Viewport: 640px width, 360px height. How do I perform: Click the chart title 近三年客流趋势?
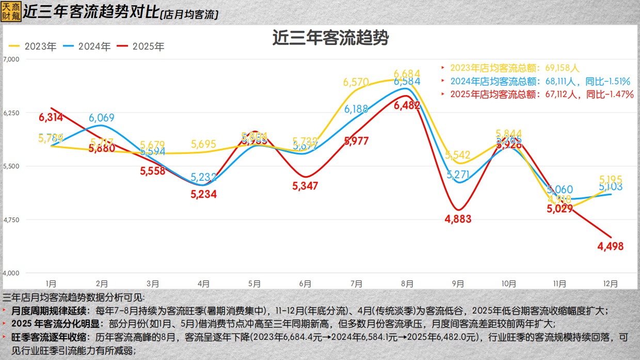click(330, 39)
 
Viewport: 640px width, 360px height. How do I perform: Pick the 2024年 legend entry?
click(88, 46)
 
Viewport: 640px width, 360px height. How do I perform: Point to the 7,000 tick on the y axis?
click(11, 59)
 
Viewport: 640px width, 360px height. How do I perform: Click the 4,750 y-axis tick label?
click(11, 220)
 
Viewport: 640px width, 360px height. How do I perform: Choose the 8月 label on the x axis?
click(407, 284)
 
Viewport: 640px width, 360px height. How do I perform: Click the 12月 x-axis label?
click(611, 284)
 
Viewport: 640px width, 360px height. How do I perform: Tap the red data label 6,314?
click(51, 117)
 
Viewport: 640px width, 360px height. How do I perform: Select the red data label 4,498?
click(611, 247)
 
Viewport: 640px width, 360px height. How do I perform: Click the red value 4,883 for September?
click(458, 219)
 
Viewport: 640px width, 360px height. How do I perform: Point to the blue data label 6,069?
click(102, 118)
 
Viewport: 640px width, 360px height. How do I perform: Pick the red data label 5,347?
click(305, 186)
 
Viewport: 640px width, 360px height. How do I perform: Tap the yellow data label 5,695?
click(204, 145)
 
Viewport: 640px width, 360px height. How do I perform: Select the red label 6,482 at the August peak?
click(407, 105)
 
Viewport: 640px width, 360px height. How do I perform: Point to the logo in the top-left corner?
click(11, 10)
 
